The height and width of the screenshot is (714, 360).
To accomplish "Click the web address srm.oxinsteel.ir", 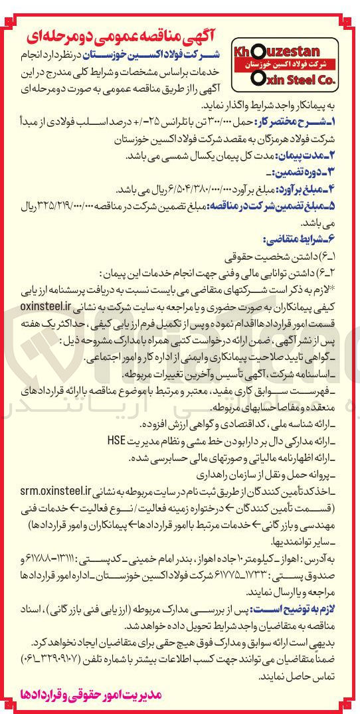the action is [54, 491].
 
